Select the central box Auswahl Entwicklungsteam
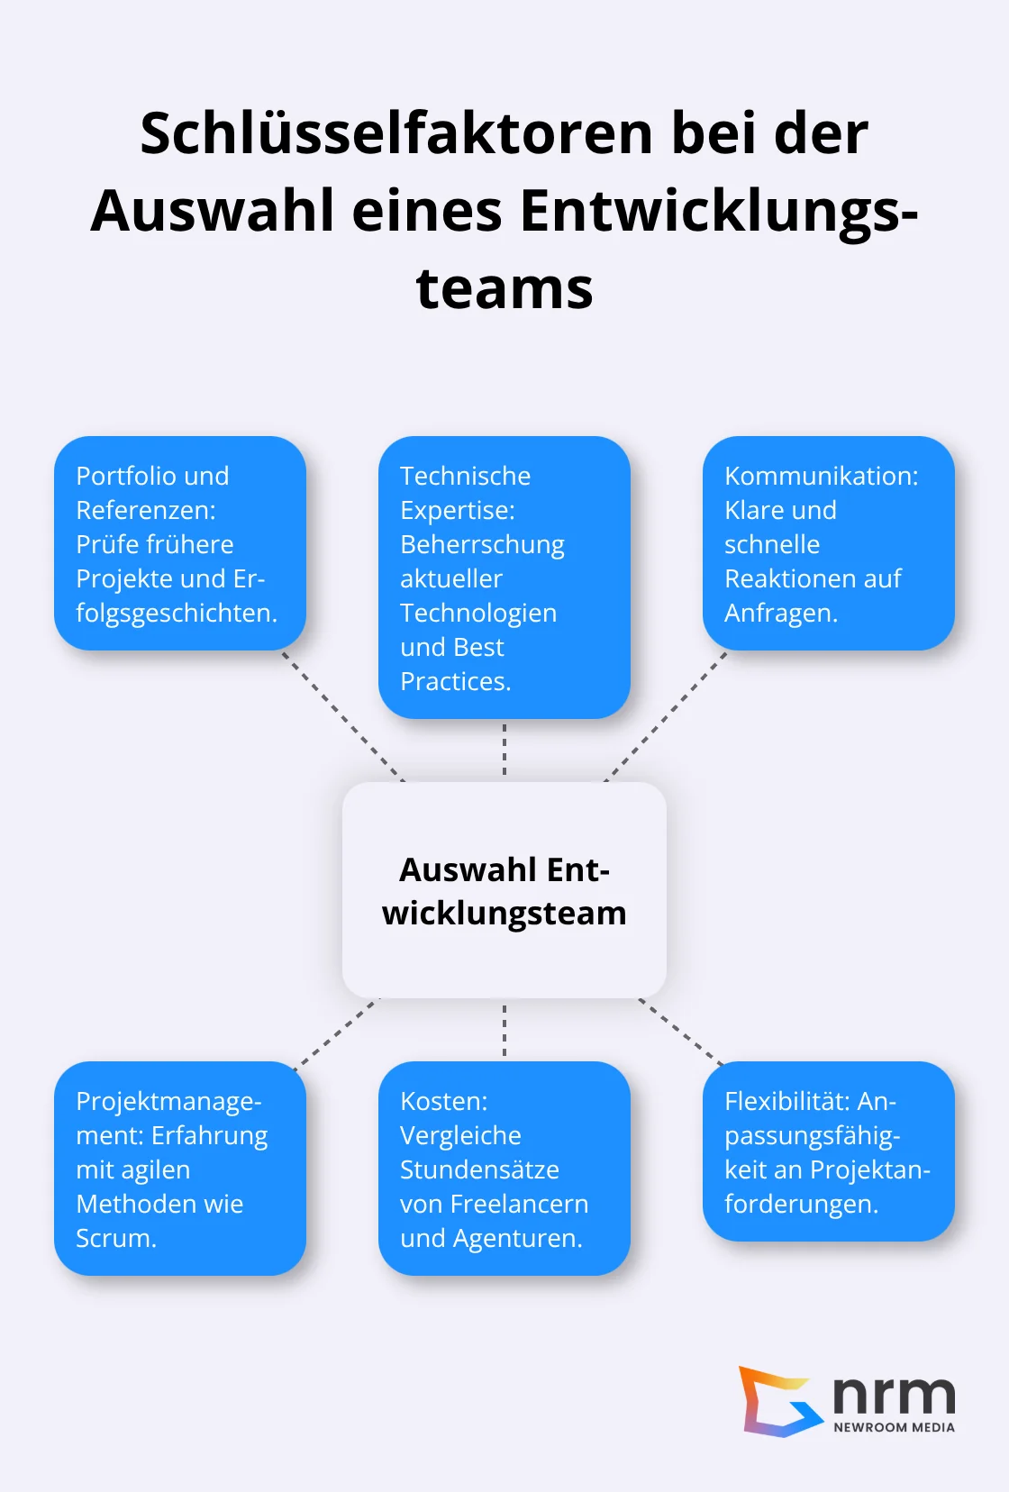[504, 890]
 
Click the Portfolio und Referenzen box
[180, 543]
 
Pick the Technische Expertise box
[504, 578]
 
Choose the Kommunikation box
[828, 543]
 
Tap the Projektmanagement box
[180, 1169]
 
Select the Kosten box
[504, 1169]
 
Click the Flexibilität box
[828, 1151]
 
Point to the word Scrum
[115, 1238]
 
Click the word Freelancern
[519, 1204]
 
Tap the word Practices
[455, 681]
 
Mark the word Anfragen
[780, 613]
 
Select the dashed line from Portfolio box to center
[342, 715]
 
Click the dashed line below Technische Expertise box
[504, 750]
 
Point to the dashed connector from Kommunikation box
[667, 715]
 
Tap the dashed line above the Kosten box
[504, 1030]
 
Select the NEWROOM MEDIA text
[894, 1427]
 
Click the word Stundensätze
[479, 1169]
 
